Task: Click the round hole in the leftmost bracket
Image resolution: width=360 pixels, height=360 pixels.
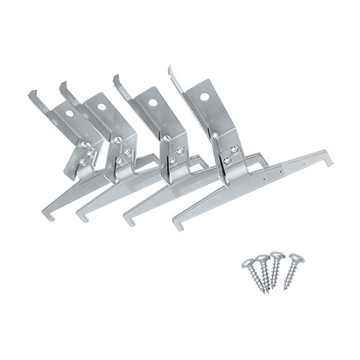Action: (70, 113)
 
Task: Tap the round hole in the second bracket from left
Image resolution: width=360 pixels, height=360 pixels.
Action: (102, 107)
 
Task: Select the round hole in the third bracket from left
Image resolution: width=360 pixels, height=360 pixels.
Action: (154, 102)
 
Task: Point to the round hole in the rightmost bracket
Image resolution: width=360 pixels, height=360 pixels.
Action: (204, 96)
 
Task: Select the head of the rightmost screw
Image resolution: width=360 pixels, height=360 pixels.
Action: (295, 257)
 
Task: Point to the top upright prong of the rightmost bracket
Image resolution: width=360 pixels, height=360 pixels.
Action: (171, 72)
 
